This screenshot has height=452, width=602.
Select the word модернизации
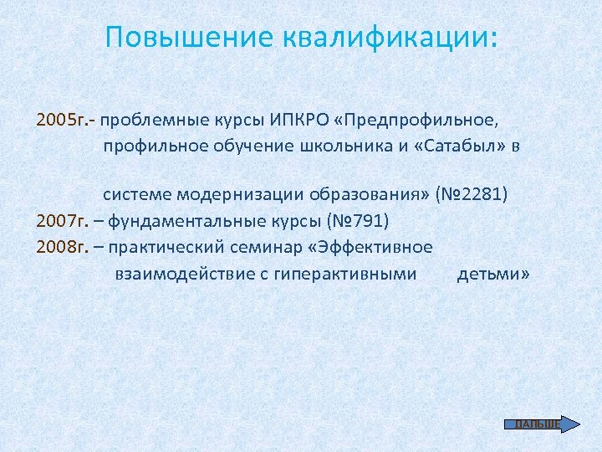pyautogui.click(x=227, y=195)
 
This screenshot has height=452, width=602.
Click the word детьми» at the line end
pyautogui.click(x=493, y=273)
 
